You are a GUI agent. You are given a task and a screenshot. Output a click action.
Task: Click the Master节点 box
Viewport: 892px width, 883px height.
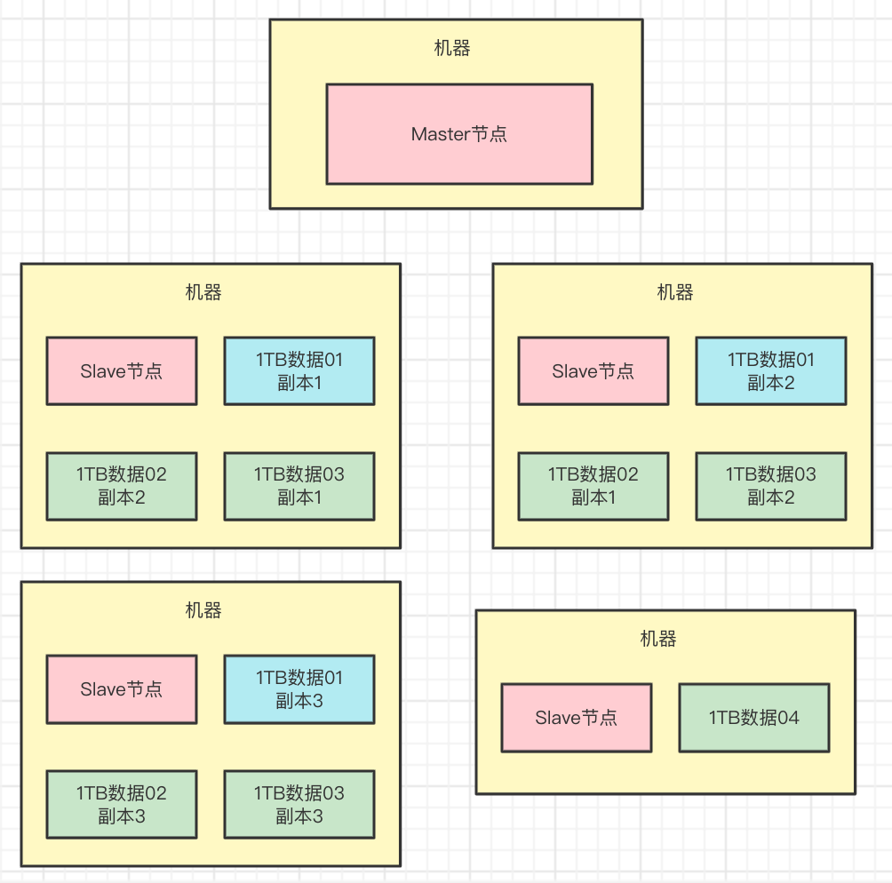(458, 134)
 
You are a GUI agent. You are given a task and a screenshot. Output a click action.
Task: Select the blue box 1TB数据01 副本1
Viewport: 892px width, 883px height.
(299, 370)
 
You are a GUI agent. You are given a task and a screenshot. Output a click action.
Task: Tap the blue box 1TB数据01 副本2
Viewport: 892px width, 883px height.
(770, 370)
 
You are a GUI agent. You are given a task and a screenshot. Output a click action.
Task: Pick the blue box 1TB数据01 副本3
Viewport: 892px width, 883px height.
(299, 688)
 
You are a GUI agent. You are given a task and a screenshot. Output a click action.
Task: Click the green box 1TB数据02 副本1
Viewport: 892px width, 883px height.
(593, 486)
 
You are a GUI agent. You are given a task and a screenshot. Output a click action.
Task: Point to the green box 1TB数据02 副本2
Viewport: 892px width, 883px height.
(122, 486)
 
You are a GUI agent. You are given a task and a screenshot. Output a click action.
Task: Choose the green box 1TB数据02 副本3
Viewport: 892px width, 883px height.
(122, 804)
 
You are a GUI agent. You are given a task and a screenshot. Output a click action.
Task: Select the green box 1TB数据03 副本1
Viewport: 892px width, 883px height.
(299, 486)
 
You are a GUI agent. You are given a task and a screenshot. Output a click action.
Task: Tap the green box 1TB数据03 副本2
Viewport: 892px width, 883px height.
(770, 486)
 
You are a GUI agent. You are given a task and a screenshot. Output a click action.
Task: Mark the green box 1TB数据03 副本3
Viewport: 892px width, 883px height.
(299, 804)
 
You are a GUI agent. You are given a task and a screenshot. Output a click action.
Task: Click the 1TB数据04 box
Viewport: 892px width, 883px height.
(754, 717)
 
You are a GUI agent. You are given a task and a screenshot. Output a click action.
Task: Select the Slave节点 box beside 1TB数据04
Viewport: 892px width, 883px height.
(576, 717)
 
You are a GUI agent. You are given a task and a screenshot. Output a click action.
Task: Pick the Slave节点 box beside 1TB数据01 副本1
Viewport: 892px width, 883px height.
(122, 370)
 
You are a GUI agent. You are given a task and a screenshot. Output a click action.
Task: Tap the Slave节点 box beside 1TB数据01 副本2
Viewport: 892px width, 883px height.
(593, 370)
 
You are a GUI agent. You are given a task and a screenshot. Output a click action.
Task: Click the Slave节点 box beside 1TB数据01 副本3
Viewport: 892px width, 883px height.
(122, 688)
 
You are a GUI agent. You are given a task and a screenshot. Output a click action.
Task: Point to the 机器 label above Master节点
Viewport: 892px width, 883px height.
(452, 49)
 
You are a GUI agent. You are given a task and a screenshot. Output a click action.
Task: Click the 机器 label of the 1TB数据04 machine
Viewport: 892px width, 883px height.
(658, 639)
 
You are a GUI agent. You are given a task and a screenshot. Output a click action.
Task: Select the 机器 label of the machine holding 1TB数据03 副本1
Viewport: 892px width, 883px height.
(203, 292)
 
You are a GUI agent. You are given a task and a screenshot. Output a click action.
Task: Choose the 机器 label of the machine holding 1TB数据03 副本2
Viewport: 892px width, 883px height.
(675, 292)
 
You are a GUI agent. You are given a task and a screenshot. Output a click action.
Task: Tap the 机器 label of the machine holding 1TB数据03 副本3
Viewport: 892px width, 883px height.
(203, 610)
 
